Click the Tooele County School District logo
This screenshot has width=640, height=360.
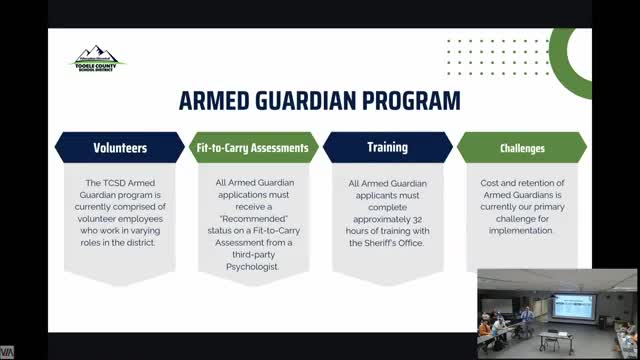[97, 59]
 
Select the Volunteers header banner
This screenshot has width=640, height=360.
[120, 148]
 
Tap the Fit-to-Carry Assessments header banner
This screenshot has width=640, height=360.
[254, 148]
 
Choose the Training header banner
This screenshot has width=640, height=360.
[387, 148]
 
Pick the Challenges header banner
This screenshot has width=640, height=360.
[521, 148]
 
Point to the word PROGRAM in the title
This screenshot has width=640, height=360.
[411, 101]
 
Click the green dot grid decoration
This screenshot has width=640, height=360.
[484, 58]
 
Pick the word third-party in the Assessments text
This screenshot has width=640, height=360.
[253, 255]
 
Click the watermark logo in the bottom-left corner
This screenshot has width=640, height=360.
[7, 352]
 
